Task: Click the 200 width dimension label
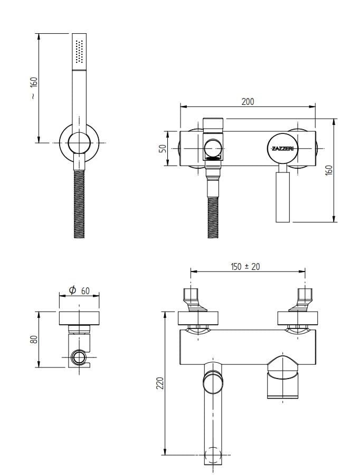click(248, 101)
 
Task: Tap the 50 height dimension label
click(163, 149)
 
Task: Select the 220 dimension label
click(160, 383)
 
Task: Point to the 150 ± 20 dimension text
click(245, 267)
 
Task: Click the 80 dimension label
click(34, 339)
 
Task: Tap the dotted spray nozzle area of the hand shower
click(79, 52)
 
